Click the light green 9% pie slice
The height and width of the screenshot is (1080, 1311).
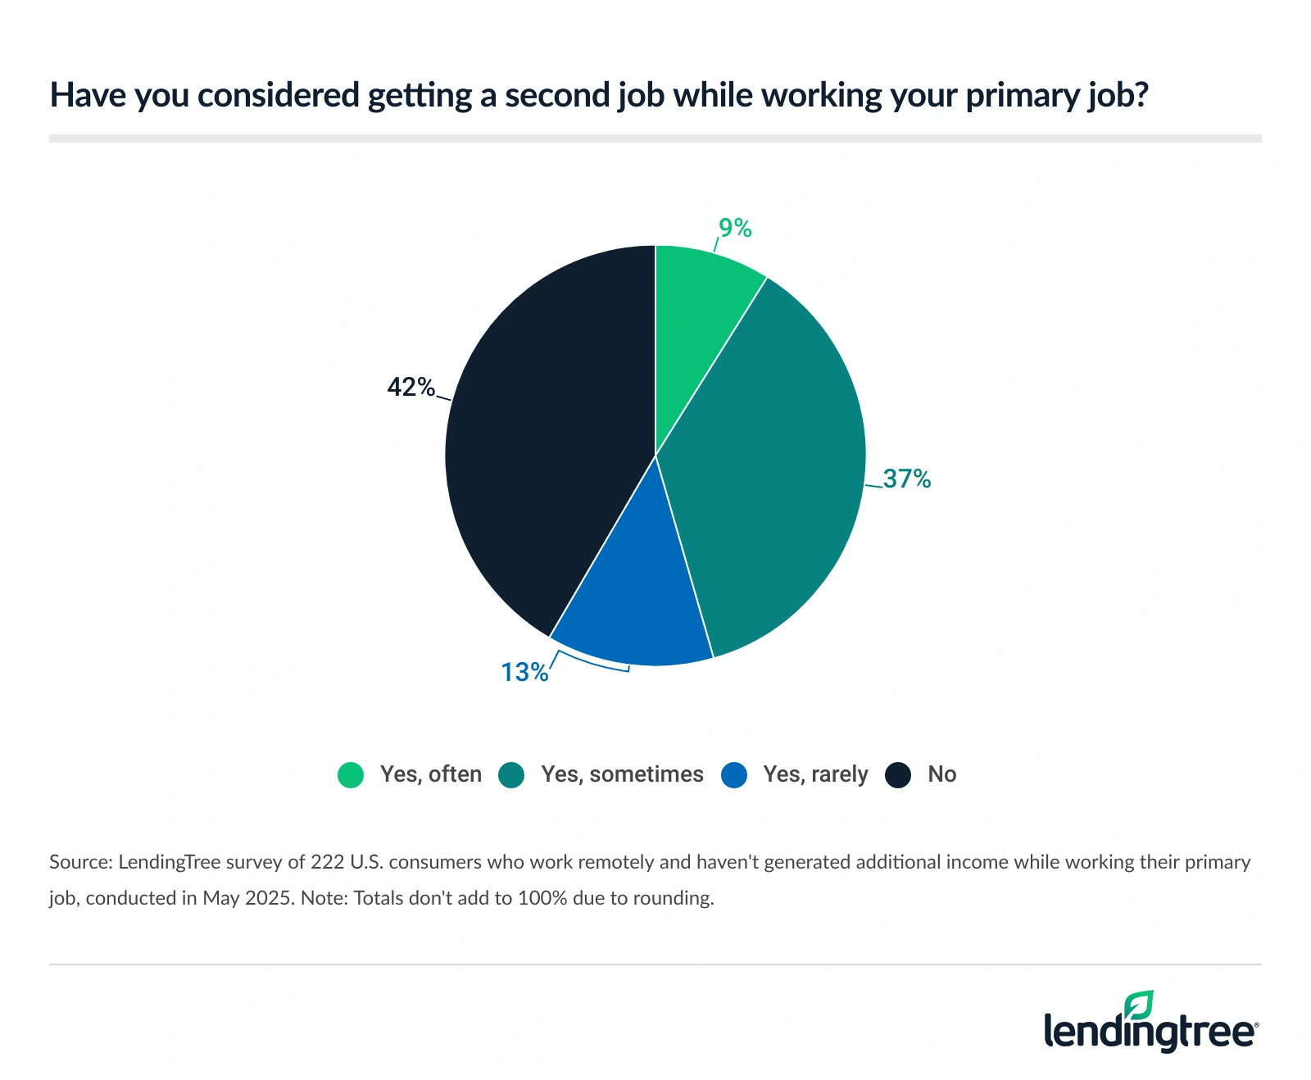[696, 320]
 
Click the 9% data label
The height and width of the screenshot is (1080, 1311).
[735, 228]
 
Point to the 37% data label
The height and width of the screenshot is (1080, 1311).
[907, 479]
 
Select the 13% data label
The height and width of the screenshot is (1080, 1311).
[524, 672]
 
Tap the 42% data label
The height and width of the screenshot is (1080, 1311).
[411, 387]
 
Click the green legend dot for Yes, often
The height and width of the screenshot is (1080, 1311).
[351, 775]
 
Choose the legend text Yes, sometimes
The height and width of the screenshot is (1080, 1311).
[622, 774]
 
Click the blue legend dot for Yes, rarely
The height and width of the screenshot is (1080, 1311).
[734, 775]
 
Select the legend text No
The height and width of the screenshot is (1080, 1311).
[941, 774]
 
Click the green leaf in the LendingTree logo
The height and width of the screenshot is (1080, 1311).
[1139, 1005]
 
